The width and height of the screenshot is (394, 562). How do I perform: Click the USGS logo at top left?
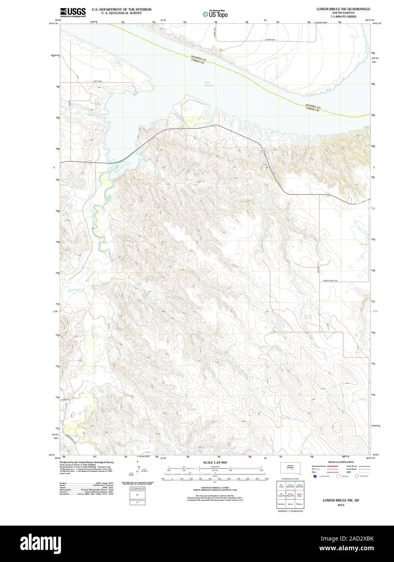(x=73, y=13)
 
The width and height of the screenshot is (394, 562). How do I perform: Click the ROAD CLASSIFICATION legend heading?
(x=341, y=462)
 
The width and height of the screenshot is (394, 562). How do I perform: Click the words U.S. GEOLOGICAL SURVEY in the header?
(x=116, y=13)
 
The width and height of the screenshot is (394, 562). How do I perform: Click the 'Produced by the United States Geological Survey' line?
(x=87, y=462)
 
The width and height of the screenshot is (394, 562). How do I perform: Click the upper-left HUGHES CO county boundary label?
(x=199, y=59)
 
